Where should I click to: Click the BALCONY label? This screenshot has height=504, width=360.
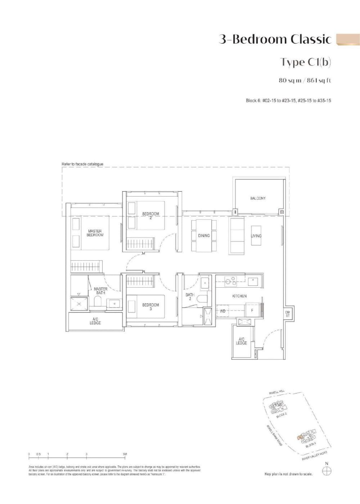(x=258, y=198)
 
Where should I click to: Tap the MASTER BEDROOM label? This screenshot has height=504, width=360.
(x=95, y=233)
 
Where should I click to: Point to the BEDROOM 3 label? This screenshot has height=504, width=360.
(x=150, y=307)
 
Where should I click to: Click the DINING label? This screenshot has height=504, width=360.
(x=204, y=236)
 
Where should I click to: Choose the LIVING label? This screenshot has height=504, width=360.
(x=256, y=236)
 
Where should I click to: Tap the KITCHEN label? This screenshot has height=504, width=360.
(x=239, y=296)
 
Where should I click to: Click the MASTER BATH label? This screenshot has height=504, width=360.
(x=100, y=291)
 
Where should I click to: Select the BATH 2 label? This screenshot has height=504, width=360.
(x=190, y=297)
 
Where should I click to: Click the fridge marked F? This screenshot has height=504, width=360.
(x=252, y=310)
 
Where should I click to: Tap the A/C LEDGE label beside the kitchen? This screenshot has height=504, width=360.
(x=241, y=341)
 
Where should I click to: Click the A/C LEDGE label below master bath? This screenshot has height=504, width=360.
(x=95, y=321)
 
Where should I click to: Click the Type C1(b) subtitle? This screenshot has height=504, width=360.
(x=306, y=62)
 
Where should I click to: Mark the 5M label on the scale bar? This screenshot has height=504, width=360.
(x=125, y=454)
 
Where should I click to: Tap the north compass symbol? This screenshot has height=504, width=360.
(x=327, y=470)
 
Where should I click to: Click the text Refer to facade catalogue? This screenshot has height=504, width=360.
(x=82, y=164)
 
